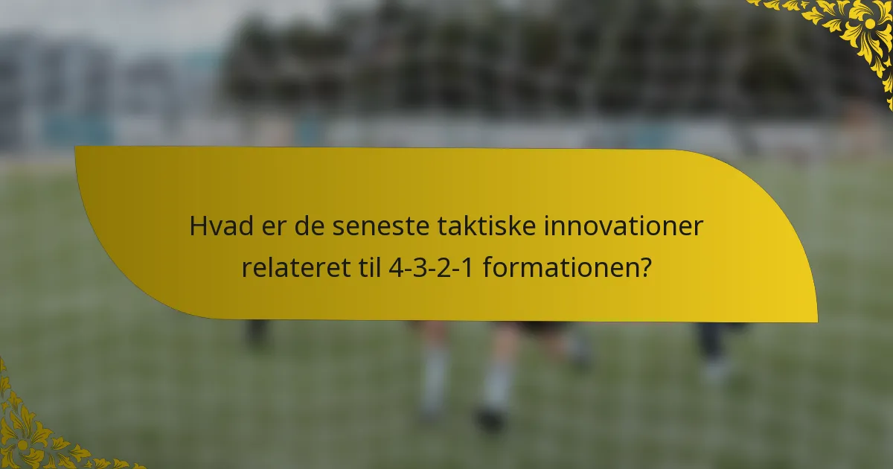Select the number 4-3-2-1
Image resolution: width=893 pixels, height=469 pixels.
433,267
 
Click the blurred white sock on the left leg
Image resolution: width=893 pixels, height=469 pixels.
434,380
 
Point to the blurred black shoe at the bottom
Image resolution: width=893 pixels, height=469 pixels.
491,419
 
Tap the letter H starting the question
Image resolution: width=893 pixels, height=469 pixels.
197,227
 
